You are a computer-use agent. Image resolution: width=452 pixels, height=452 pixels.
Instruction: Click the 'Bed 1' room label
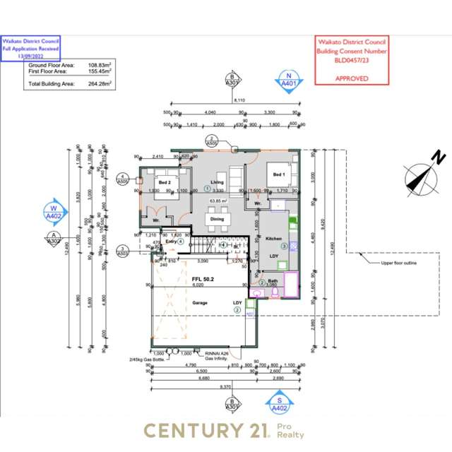278,174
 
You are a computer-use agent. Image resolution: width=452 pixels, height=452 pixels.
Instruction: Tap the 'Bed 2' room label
164,182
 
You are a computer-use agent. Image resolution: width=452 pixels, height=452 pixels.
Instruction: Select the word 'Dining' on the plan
218,219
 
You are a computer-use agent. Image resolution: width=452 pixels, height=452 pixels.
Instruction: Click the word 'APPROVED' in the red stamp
351,78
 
